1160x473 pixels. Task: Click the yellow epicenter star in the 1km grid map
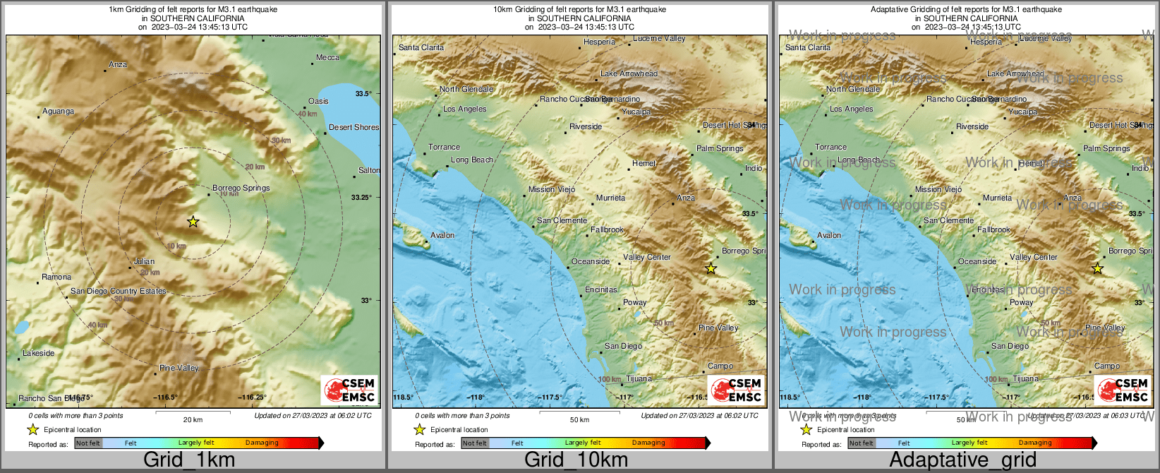pos(193,222)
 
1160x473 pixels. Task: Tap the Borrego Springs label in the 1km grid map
pos(241,188)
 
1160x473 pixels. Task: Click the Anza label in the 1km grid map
pos(118,64)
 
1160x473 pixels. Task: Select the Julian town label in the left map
pos(144,261)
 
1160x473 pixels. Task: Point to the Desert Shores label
pos(354,128)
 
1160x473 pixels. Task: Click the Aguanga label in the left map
pos(58,111)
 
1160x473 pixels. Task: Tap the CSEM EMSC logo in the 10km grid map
pos(736,390)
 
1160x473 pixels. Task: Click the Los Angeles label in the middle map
pos(464,109)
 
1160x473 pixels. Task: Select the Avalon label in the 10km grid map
pos(442,235)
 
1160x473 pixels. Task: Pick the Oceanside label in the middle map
pos(590,261)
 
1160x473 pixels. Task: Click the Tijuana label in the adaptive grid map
pos(1025,379)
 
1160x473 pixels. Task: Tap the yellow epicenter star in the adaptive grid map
pos(1097,268)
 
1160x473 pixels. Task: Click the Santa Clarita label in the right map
pos(807,47)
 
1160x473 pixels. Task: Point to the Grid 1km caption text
pos(189,460)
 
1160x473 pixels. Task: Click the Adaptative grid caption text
pos(962,460)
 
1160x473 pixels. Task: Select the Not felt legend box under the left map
pos(88,443)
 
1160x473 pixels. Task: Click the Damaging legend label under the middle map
pos(648,443)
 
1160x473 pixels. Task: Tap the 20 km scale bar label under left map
pos(193,419)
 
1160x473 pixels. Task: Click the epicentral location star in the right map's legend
pos(806,429)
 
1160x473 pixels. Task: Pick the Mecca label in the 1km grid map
pos(327,57)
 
